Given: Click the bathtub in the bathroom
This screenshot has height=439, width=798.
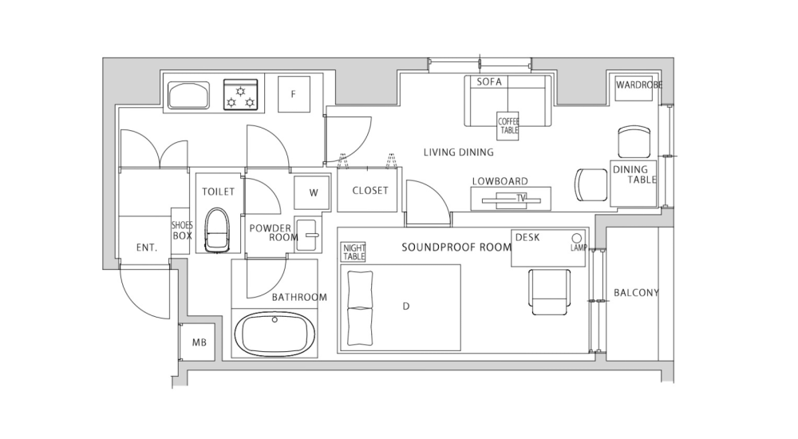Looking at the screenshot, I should (x=275, y=334).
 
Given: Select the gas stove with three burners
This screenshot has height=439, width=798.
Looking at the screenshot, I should (x=241, y=94).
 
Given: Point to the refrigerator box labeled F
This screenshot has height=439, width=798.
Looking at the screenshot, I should (x=293, y=94).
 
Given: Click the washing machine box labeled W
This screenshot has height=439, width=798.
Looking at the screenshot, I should (x=312, y=192).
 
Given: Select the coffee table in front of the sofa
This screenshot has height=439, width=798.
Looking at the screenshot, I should (x=508, y=125).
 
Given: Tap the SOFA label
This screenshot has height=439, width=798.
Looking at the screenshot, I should (x=488, y=82).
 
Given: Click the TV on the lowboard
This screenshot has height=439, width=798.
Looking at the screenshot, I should (x=522, y=196).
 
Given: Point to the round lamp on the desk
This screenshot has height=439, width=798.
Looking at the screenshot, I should (x=576, y=238).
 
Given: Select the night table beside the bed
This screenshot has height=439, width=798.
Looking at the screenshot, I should (x=354, y=252).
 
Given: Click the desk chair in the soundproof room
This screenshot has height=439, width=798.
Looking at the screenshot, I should (x=549, y=293).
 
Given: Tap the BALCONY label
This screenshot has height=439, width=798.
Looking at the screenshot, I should (x=636, y=293).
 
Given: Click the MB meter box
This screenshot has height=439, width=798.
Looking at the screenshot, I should (x=199, y=343).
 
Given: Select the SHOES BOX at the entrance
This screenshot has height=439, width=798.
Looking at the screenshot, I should (x=182, y=231).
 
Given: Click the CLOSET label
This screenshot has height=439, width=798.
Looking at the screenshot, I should (x=369, y=191).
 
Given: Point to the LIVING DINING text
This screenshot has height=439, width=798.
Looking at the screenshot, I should (x=458, y=152).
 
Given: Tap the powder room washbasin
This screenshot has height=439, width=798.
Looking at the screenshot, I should (x=306, y=229).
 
